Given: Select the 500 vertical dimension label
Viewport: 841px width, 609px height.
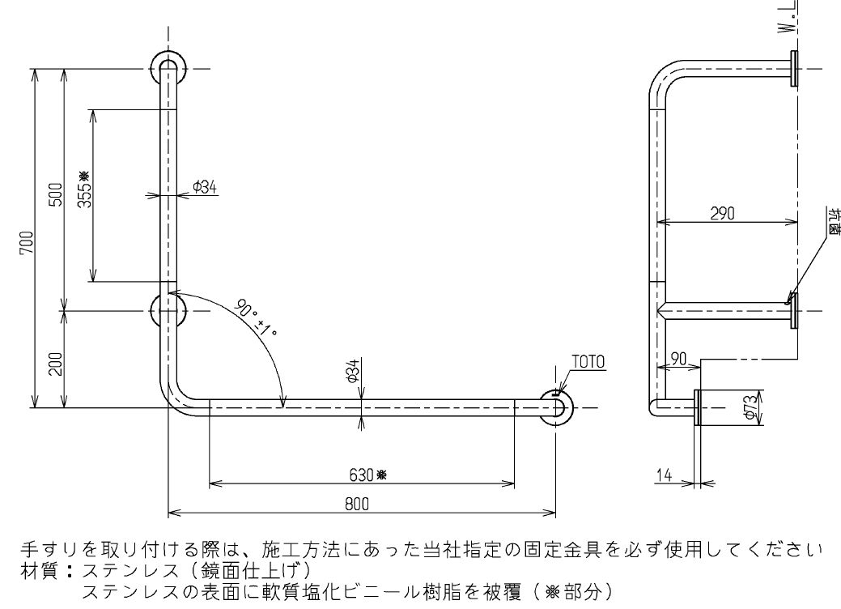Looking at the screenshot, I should coord(56,195).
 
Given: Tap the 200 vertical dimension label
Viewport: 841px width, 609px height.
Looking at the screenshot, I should coord(56,365).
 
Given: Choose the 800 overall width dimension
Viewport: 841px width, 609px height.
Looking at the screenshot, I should coord(356,503).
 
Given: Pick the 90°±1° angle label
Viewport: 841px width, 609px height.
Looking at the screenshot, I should coord(257,319).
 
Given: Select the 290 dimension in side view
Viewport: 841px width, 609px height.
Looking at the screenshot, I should coord(722,214).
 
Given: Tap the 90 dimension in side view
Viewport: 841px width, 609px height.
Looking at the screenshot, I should coord(678,358).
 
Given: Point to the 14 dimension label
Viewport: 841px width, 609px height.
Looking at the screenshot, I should coord(664,476).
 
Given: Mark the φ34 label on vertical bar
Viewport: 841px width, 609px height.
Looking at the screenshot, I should coord(204,187).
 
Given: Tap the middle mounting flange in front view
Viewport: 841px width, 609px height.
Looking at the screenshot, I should coord(168,309).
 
